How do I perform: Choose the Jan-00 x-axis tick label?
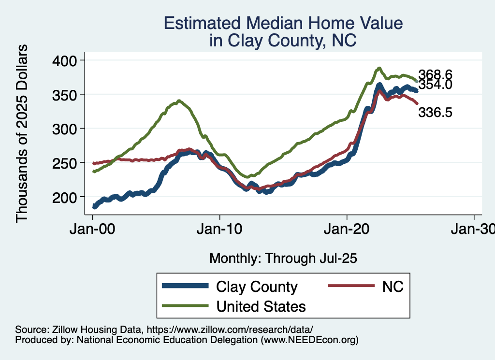[93, 229]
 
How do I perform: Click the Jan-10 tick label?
[220, 229]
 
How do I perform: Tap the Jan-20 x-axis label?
[347, 229]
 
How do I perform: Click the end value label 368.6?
[435, 74]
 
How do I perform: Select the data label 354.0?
[435, 85]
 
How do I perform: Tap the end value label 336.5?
[435, 113]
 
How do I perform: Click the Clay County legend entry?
[257, 287]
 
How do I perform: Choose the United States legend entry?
[261, 306]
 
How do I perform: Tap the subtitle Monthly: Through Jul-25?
[283, 259]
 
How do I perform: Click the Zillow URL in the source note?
[230, 329]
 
